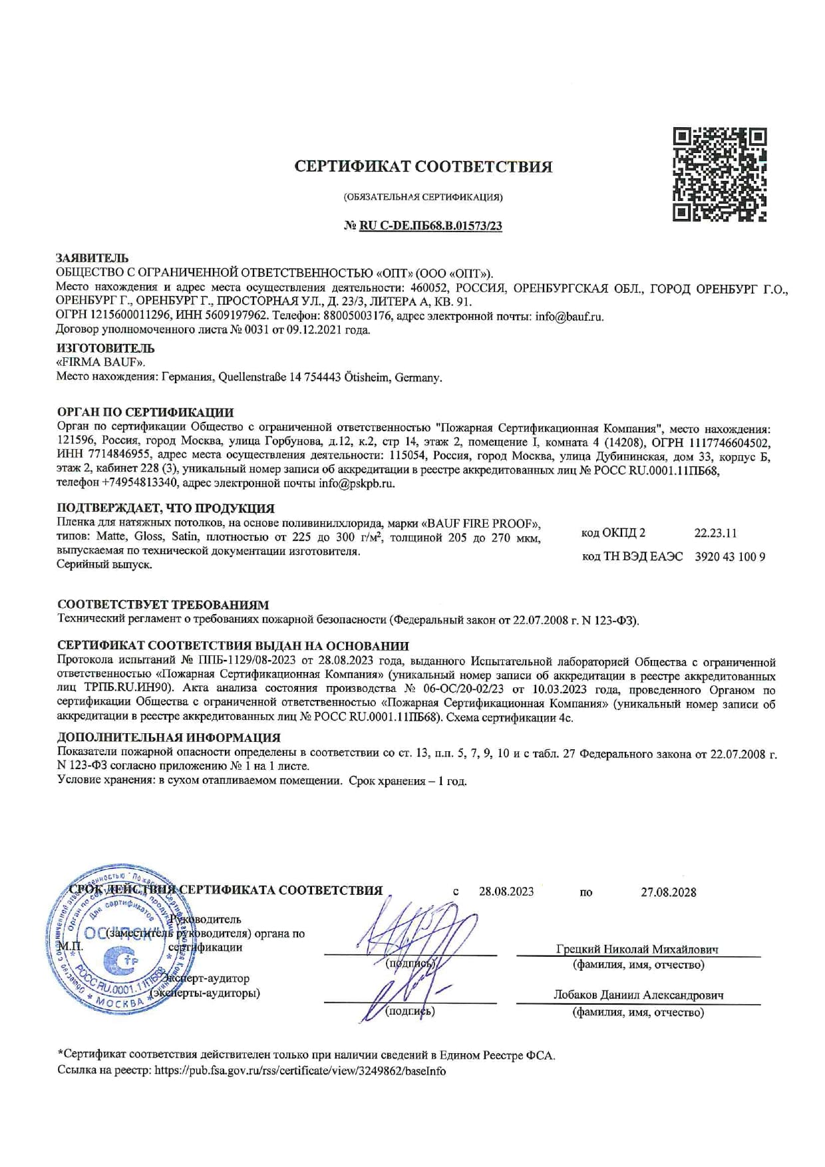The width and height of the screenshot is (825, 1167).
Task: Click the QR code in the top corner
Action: coord(719,175)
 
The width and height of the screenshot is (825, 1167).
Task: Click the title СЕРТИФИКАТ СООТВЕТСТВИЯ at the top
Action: coord(423,166)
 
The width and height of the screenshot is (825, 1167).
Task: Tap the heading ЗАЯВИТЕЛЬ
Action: coord(92,258)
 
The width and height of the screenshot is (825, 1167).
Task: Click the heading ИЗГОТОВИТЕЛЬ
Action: coord(106,348)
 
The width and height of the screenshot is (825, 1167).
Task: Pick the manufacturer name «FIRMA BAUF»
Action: coord(100,363)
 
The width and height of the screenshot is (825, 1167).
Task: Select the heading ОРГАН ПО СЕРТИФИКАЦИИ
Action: coord(145,413)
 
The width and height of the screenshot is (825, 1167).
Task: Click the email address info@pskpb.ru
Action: coord(357,484)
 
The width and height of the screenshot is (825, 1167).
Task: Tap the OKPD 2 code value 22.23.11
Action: coord(715,533)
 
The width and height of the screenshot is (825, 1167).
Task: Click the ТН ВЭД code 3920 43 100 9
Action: coord(730,557)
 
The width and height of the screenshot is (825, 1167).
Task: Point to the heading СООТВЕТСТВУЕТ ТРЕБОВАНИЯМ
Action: coord(163,605)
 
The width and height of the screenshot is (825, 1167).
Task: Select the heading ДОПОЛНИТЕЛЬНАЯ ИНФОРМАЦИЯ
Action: coord(169,737)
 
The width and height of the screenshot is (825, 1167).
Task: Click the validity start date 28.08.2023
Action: coord(506,892)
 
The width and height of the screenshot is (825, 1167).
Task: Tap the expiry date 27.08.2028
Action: coord(669,892)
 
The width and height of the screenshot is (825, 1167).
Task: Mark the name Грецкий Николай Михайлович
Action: coord(637,949)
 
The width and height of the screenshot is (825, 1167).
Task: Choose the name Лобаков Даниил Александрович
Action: coord(638,996)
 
